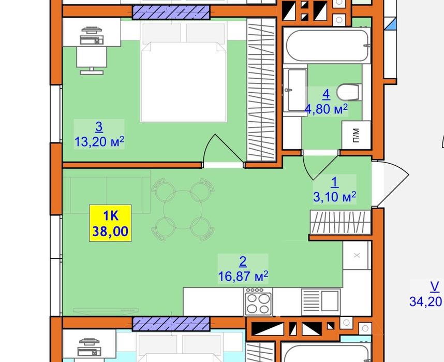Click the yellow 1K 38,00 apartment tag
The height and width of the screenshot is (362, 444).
(x=110, y=223)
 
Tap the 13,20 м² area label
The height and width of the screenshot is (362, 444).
(x=99, y=141)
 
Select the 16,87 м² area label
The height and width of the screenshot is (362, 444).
(x=243, y=276)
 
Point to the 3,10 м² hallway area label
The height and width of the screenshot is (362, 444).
(x=334, y=197)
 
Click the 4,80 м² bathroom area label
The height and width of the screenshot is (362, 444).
(x=326, y=109)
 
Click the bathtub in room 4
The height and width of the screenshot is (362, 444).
(x=327, y=46)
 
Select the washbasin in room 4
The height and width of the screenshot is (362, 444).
(x=295, y=90)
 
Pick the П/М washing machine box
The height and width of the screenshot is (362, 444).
(x=356, y=135)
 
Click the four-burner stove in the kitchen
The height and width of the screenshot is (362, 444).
(x=258, y=302)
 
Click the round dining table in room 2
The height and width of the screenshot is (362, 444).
(x=183, y=210)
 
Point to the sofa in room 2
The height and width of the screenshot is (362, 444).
(x=107, y=192)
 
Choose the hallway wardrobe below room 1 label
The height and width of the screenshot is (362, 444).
(x=341, y=222)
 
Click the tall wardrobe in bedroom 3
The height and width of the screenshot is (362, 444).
(x=261, y=90)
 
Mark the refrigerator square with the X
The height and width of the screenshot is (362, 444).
(x=357, y=255)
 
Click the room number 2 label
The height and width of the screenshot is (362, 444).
(x=243, y=262)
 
